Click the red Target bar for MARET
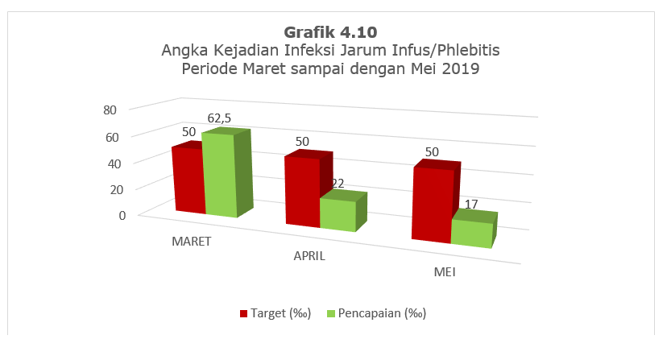(x=188, y=179)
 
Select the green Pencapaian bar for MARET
(x=226, y=173)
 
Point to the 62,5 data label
(x=219, y=118)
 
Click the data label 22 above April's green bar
(x=338, y=184)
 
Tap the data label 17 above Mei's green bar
(x=471, y=205)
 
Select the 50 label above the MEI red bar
(x=432, y=152)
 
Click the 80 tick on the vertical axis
(x=110, y=110)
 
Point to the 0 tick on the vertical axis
(x=122, y=215)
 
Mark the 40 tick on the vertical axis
(x=114, y=163)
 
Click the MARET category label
(x=191, y=242)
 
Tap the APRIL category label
(x=309, y=256)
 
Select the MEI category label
(x=445, y=272)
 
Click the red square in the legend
(x=244, y=314)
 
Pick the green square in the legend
(x=331, y=314)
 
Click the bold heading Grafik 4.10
(x=330, y=32)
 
